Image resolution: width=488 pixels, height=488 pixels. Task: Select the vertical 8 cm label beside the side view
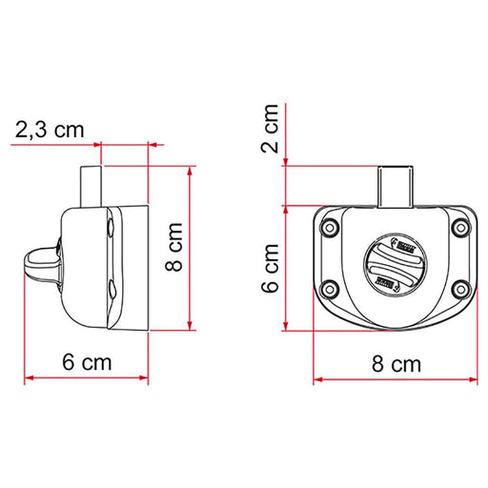[x=174, y=248]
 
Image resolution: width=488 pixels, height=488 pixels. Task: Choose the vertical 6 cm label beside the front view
[x=273, y=268]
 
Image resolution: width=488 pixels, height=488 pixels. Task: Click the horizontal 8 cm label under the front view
[x=396, y=363]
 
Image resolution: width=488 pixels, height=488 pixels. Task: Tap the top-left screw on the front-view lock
[x=331, y=227]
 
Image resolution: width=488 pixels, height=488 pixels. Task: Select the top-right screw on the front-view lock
[x=460, y=227]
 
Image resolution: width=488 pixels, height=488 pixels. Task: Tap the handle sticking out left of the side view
[x=38, y=264]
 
